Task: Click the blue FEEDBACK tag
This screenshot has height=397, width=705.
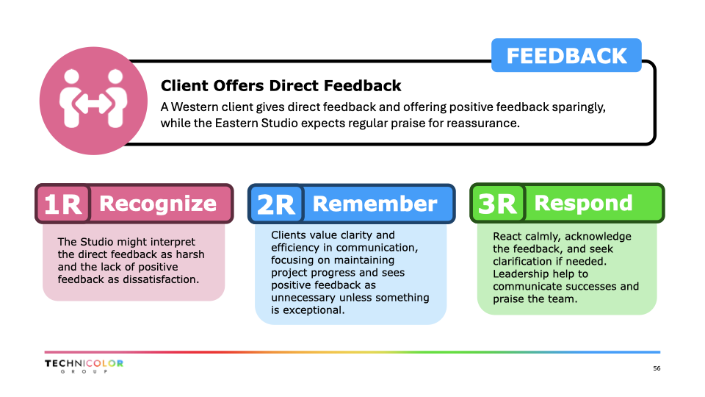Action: [566, 55]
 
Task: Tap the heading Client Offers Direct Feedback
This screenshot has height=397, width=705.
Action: [281, 85]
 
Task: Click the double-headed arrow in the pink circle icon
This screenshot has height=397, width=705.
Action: [93, 104]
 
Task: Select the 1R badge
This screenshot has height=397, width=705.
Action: [63, 204]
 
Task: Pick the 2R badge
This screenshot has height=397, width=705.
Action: [276, 204]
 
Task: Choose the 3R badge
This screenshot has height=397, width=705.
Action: [498, 203]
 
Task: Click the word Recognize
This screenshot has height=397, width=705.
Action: [158, 204]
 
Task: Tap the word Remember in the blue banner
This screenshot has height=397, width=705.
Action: [375, 204]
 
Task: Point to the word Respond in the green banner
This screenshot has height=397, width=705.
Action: [584, 203]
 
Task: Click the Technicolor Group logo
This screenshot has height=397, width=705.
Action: [84, 366]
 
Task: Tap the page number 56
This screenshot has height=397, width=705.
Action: [657, 368]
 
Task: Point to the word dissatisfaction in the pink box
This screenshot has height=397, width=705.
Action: [161, 279]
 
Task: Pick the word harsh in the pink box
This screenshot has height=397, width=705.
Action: [190, 254]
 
